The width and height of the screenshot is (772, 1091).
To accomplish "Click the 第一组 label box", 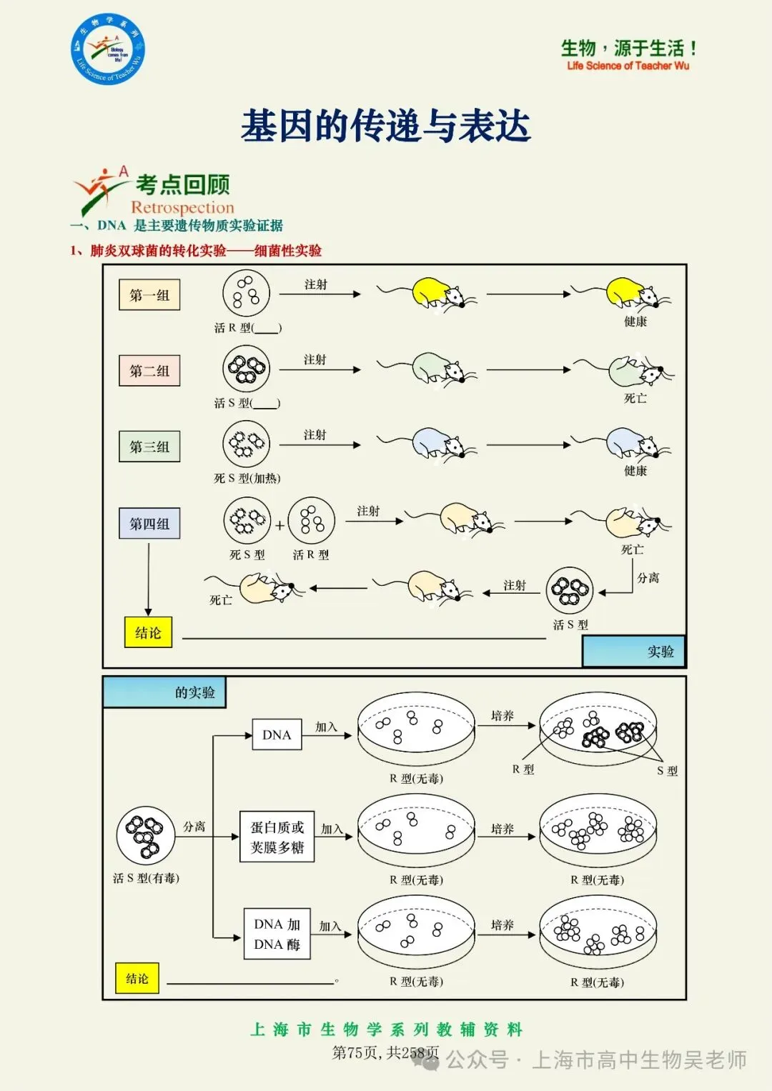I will click(x=149, y=295).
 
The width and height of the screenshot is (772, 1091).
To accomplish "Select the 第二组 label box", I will click(x=149, y=371).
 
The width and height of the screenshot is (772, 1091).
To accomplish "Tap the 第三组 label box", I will click(x=149, y=447).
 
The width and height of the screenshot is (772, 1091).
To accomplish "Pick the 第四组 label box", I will click(x=149, y=523).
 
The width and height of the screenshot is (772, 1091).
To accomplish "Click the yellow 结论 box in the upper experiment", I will click(x=148, y=632).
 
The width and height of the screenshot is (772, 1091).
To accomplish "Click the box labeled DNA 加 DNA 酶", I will click(x=277, y=934).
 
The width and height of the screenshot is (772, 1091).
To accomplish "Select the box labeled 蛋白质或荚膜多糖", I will click(x=277, y=837).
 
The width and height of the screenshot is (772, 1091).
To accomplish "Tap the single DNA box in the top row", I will click(x=277, y=734).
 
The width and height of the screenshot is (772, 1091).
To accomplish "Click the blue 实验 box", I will click(x=634, y=651).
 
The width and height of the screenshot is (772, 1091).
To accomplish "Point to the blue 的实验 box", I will click(x=164, y=692).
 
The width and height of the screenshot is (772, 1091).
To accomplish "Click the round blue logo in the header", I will click(x=108, y=49).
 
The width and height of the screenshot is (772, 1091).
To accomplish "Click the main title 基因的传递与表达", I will click(x=385, y=126).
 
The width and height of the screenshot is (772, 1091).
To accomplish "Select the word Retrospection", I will click(x=182, y=207).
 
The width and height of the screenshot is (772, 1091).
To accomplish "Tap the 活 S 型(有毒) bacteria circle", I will click(x=146, y=836).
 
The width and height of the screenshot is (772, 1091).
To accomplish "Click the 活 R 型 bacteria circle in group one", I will click(x=246, y=293).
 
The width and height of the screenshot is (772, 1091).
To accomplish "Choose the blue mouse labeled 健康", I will click(x=633, y=444).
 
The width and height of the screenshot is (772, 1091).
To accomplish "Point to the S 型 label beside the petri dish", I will click(x=667, y=771).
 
